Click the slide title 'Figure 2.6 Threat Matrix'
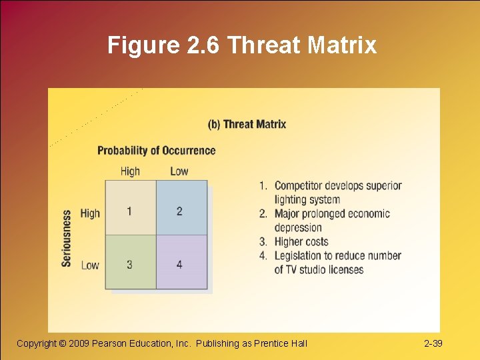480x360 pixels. [x=242, y=45]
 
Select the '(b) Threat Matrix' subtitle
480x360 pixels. [x=247, y=124]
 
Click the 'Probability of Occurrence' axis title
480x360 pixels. [x=156, y=151]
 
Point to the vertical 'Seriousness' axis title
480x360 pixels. [x=67, y=238]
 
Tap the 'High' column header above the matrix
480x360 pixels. [x=130, y=171]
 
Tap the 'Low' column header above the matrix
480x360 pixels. [x=179, y=171]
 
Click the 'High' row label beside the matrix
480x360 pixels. [x=90, y=213]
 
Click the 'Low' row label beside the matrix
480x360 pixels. [x=90, y=265]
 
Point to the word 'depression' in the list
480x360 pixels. [x=298, y=227]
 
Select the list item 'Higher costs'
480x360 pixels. [x=301, y=241]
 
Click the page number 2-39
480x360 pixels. [x=433, y=343]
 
